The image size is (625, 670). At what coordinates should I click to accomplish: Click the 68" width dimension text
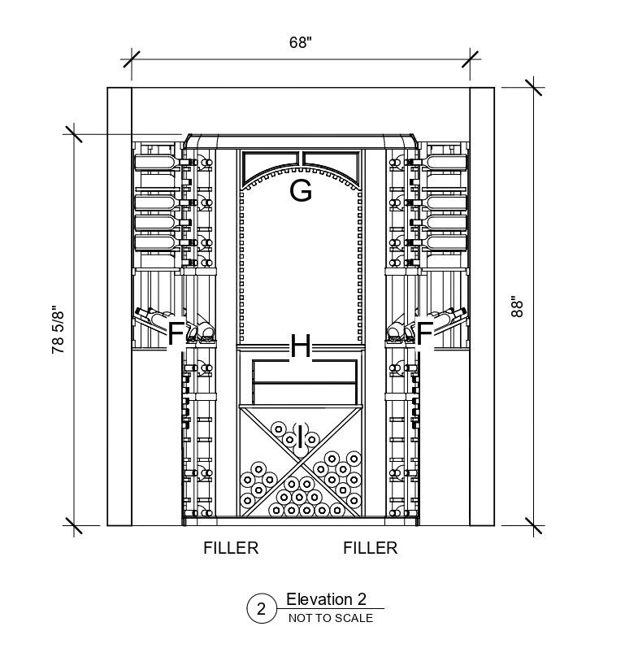(x=300, y=43)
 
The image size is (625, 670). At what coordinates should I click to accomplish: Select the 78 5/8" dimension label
(x=58, y=330)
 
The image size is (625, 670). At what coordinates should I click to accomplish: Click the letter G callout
(x=301, y=192)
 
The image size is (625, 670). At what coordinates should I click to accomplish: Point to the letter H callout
(x=301, y=348)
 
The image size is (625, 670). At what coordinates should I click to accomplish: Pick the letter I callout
(x=301, y=437)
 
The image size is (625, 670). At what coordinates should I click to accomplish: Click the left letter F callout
(x=176, y=333)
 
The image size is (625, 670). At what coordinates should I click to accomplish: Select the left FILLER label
(x=231, y=548)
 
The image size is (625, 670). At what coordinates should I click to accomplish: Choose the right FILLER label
(x=371, y=548)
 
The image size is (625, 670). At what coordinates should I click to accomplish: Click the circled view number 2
(x=262, y=609)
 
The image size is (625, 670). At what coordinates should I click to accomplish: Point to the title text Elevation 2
(x=326, y=600)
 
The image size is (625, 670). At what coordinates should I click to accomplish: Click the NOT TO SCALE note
(x=330, y=618)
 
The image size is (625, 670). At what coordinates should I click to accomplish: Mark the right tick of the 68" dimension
(x=470, y=59)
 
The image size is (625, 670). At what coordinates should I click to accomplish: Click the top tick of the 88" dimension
(x=534, y=88)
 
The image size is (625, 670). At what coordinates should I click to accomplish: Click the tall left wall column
(x=119, y=306)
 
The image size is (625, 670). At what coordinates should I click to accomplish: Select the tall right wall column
(x=482, y=306)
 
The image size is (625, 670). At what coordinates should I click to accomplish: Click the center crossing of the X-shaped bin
(x=301, y=460)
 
